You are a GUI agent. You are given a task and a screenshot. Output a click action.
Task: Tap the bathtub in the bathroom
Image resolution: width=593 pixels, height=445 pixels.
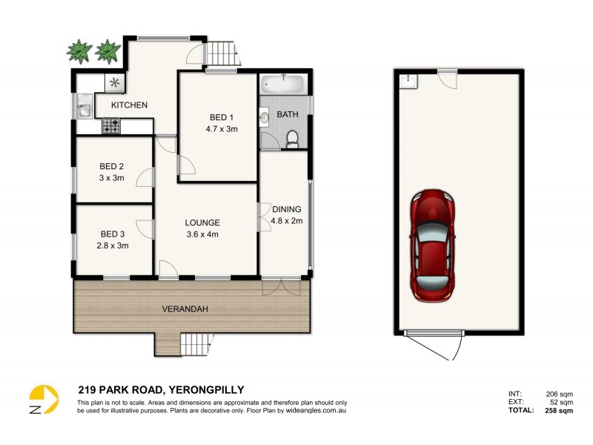282,83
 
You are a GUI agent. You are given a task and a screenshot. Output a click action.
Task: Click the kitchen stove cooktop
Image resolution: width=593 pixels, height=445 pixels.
110,128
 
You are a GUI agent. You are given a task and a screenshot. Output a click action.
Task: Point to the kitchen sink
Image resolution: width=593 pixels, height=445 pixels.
83,110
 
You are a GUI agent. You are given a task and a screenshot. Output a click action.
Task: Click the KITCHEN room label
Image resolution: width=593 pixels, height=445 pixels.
129,105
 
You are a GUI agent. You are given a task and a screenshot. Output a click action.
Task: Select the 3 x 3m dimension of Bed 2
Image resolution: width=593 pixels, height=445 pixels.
110,178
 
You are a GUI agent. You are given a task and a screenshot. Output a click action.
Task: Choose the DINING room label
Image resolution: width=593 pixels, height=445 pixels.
286,209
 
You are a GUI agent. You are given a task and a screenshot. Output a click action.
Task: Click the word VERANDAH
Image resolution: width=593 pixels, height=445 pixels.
185,307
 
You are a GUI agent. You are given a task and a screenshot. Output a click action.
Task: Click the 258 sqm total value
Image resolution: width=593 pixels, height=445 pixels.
557,410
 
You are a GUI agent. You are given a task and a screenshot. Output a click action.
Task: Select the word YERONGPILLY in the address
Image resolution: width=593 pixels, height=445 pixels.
207,389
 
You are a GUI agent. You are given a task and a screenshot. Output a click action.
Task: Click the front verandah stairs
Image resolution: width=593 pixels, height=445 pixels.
196,344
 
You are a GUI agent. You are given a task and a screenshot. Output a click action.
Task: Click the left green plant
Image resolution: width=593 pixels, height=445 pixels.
79,51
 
